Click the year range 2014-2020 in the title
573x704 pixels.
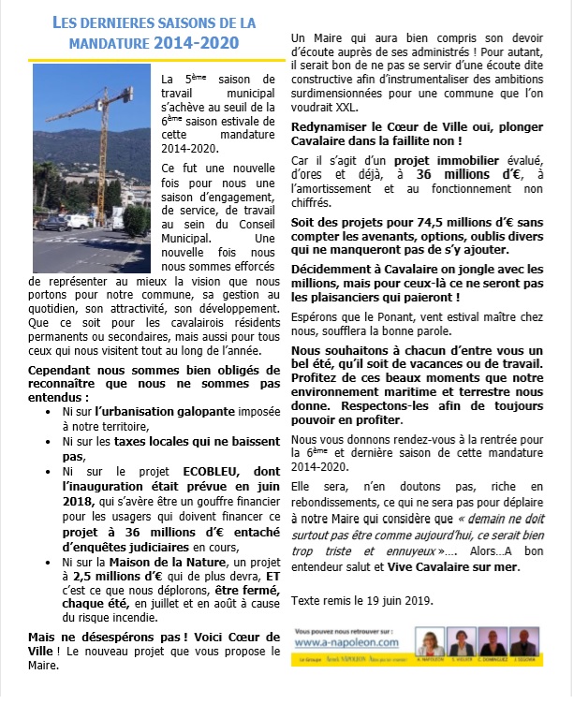[x=198, y=42]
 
